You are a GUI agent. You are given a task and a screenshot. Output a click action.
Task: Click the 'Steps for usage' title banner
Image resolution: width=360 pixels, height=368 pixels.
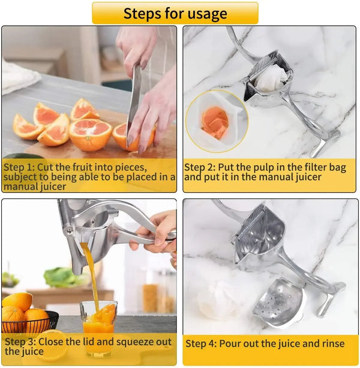tap(175, 13)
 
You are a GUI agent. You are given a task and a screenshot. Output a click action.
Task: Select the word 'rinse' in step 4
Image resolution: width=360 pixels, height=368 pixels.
tap(331, 343)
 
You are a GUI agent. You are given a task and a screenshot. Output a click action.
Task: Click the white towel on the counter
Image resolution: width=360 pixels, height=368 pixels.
tap(18, 77)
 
